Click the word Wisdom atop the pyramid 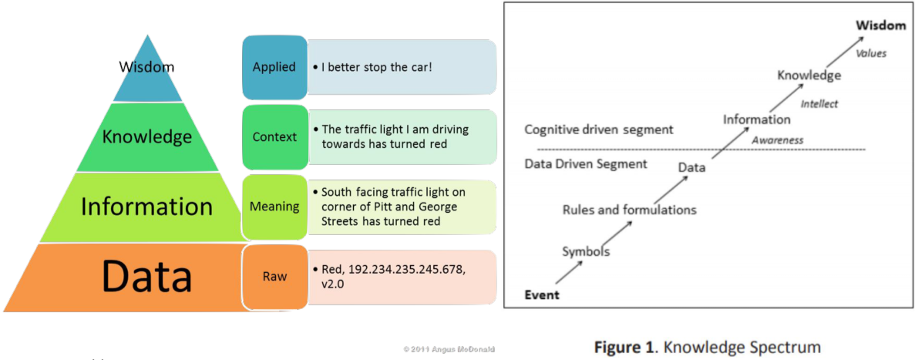point(146,67)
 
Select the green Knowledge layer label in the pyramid point(146,137)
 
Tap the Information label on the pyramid point(146,207)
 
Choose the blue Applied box point(274,67)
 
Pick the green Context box point(274,137)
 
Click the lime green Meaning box point(274,207)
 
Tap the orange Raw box point(274,276)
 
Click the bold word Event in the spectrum point(542,294)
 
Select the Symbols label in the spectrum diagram point(586,251)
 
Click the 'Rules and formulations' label point(629,210)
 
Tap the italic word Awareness point(777,140)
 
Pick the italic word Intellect point(819,104)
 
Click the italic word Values point(871,53)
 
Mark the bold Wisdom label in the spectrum point(880,25)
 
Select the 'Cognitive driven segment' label point(598,130)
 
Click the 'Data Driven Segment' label point(585,163)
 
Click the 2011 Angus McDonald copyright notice point(449,349)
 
